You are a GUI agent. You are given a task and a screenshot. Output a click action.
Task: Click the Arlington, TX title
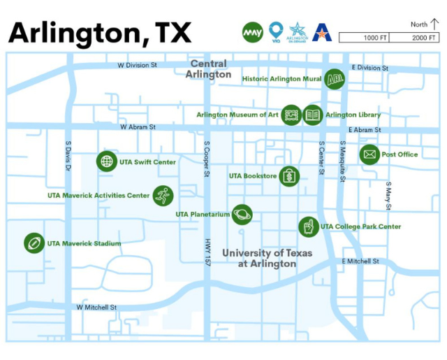pos(99,32)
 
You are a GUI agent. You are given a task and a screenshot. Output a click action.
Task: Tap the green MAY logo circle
pos(253,32)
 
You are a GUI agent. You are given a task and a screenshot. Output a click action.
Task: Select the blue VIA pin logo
pos(276,31)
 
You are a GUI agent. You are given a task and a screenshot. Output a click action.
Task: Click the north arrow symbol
pos(434,24)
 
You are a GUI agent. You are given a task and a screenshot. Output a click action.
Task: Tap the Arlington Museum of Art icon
pos(291,115)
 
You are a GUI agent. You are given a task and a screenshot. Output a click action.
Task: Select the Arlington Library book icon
pos(312,115)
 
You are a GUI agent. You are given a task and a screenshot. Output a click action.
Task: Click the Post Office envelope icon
pos(369,154)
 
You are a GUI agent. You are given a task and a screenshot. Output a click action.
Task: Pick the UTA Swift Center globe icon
pos(106,161)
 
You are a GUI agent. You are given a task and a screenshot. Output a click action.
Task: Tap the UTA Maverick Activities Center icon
pos(163,196)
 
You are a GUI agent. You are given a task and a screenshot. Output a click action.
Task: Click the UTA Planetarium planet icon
pos(242,215)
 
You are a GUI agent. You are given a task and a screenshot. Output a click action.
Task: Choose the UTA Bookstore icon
pos(289,176)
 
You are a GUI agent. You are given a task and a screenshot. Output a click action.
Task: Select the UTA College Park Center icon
pos(308,226)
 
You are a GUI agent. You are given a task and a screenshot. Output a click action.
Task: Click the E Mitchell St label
pos(360,261)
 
